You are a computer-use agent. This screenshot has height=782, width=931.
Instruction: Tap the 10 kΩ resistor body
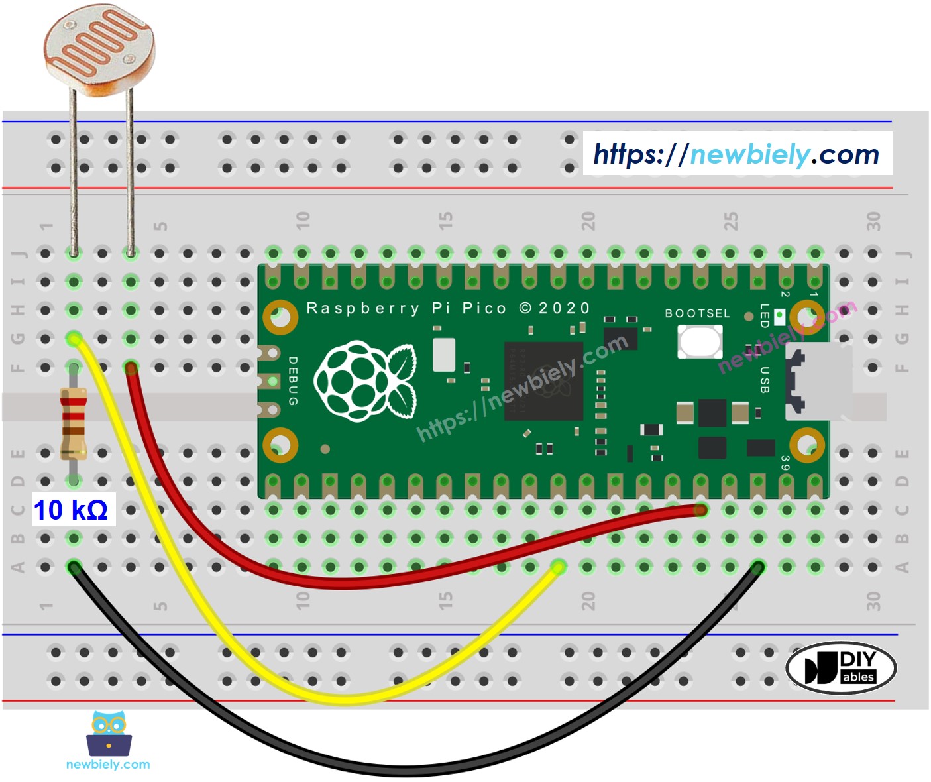pos(74,423)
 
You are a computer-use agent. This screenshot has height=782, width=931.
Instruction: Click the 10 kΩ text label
pos(71,510)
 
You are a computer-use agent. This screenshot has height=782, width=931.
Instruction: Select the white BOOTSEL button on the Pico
pos(699,343)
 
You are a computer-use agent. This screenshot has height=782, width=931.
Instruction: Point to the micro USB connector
pos(817,381)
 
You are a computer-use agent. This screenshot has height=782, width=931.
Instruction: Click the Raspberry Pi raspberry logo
pos(365,381)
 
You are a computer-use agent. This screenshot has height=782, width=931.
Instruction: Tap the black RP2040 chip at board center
pos(543,381)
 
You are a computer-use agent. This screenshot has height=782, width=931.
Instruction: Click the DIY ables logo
pos(841,667)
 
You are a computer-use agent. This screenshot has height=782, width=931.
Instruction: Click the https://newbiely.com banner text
pos(737,154)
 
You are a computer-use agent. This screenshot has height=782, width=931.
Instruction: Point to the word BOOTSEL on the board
pos(697,313)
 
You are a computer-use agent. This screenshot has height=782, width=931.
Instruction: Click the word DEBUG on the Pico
pos(292,381)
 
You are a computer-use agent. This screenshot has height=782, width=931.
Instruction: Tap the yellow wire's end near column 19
pos(558,567)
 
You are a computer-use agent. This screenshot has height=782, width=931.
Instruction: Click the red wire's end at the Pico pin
pos(701,510)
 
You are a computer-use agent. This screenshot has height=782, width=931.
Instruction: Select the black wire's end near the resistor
pos(74,567)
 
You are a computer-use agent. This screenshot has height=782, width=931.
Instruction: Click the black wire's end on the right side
pos(758,567)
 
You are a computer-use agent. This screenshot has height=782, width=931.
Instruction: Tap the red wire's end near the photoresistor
pos(131,366)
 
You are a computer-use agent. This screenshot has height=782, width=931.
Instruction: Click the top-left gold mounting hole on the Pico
pos(280,317)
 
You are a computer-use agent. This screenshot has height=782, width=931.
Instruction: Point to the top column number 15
pos(445,220)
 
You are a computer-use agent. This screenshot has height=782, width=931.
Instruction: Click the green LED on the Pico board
pos(779,316)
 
